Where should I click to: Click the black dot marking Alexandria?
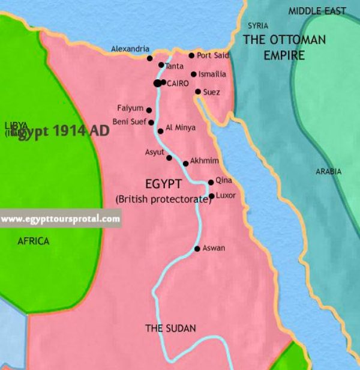tap(150, 58)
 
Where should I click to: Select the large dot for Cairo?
tap(157, 83)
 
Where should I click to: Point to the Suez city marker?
tap(198, 92)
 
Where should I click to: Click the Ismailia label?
tap(212, 74)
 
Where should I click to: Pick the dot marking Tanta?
tap(161, 65)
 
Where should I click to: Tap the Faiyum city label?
tap(130, 108)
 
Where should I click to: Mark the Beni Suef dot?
tap(151, 122)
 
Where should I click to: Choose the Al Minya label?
tap(180, 128)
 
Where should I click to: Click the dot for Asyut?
tap(169, 158)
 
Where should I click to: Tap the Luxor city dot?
tap(211, 196)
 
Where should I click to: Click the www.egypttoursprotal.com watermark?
tap(60, 219)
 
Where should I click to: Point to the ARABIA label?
tap(328, 172)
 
